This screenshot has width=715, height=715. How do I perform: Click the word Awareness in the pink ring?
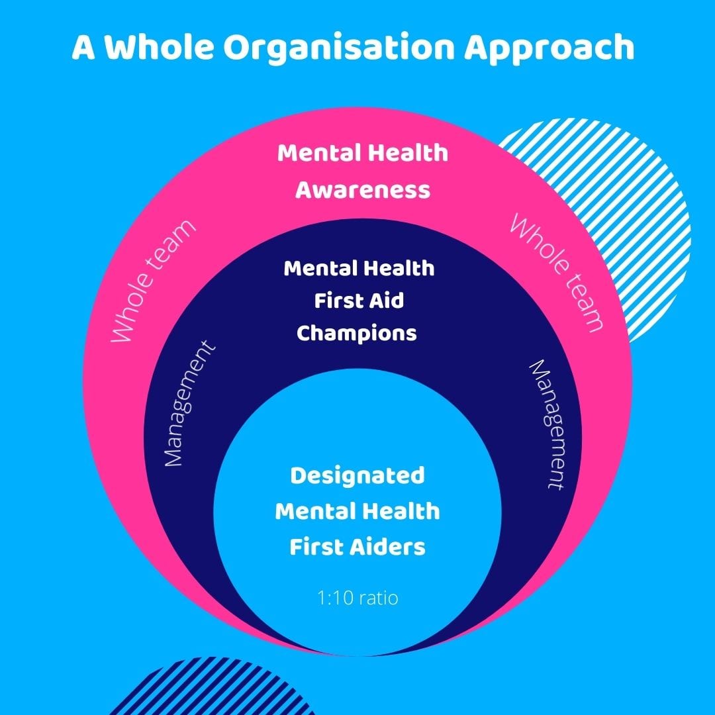pyautogui.click(x=362, y=190)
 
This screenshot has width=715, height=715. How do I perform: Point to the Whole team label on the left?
pyautogui.click(x=153, y=281)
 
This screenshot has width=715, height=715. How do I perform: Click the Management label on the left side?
pyautogui.click(x=189, y=405)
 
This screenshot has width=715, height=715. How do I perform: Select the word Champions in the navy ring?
pyautogui.click(x=357, y=332)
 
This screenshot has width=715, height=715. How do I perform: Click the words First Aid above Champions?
pyautogui.click(x=358, y=301)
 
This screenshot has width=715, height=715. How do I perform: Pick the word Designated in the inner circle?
pyautogui.click(x=358, y=475)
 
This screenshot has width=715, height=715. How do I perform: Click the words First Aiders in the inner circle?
pyautogui.click(x=358, y=547)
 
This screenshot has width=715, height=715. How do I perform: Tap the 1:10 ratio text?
pyautogui.click(x=357, y=598)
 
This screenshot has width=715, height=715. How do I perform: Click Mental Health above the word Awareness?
pyautogui.click(x=362, y=153)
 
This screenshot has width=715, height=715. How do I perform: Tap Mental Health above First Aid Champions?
pyautogui.click(x=359, y=269)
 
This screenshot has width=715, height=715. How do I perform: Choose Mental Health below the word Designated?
pyautogui.click(x=358, y=511)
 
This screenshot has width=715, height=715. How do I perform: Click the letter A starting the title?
pyautogui.click(x=83, y=48)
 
